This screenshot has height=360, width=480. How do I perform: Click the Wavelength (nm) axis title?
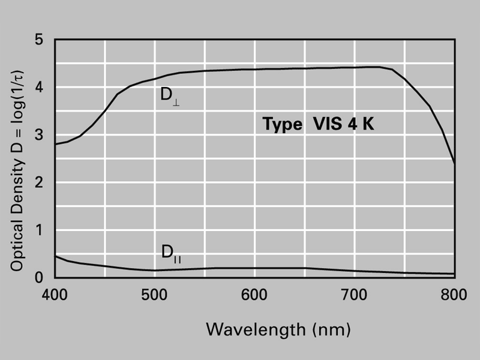(x=278, y=329)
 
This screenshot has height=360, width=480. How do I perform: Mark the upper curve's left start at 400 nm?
(x=55, y=145)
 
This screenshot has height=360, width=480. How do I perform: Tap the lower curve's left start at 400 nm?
(x=55, y=256)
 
